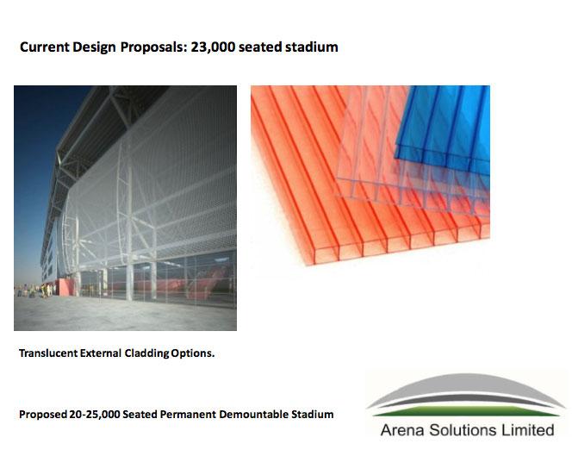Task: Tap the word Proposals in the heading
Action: (153, 47)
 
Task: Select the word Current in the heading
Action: (45, 47)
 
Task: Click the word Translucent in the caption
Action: (48, 353)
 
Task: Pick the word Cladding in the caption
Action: (146, 353)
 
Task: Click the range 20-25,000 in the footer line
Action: (95, 415)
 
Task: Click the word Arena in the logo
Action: (402, 430)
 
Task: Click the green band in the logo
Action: (467, 411)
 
